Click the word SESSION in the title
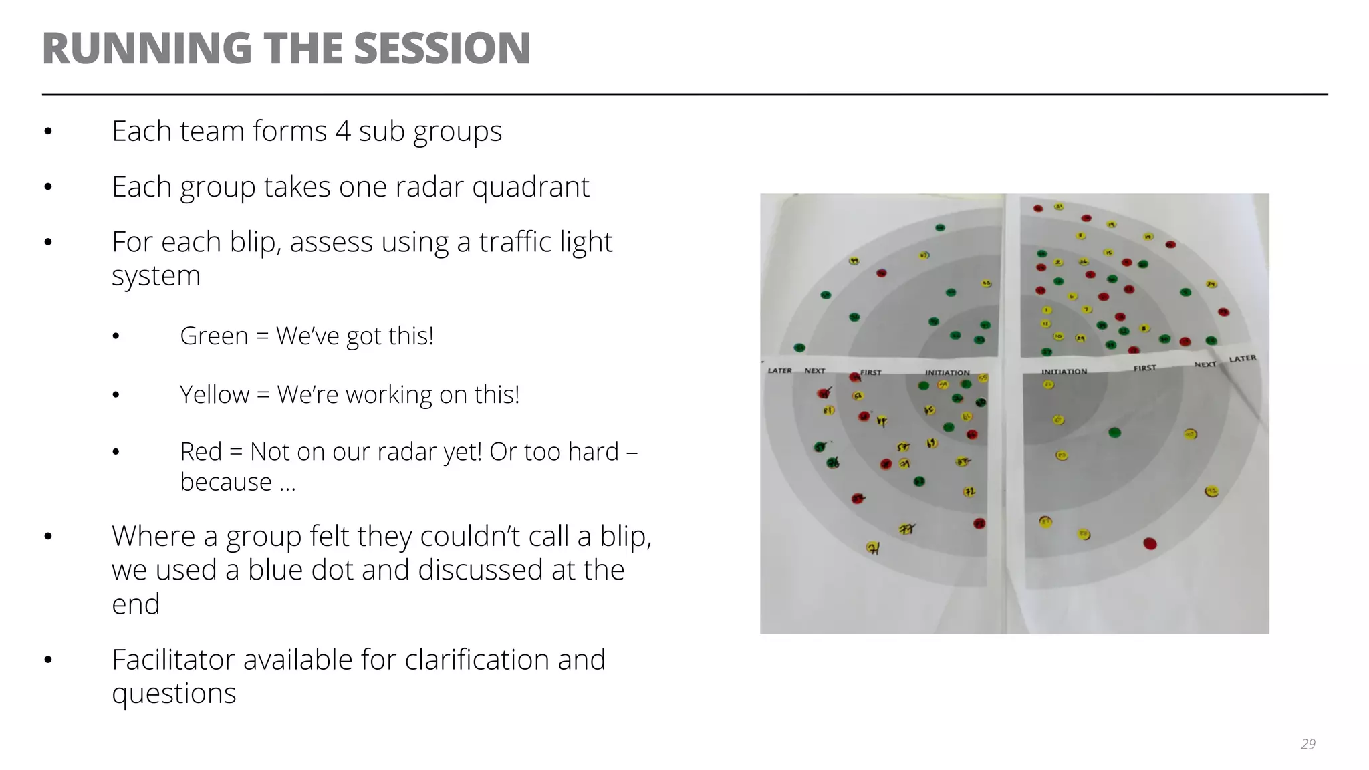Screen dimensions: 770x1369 [442, 49]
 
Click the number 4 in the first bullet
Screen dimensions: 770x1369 [342, 131]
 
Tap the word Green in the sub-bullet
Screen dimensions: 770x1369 [214, 336]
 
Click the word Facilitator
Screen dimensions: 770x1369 [176, 660]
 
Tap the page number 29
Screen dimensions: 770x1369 [1308, 744]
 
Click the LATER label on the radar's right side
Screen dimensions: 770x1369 [1243, 359]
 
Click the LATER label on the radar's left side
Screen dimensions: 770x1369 [779, 370]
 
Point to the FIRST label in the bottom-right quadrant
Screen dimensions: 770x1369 [1144, 368]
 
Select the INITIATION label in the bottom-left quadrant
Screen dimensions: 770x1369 [947, 372]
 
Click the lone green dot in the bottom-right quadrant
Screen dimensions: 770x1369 [1114, 432]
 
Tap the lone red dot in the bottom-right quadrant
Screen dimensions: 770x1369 [1150, 543]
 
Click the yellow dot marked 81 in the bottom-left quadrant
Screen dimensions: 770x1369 [829, 410]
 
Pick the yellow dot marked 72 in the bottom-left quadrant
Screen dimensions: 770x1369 [969, 492]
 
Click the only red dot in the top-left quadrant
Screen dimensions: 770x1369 [881, 273]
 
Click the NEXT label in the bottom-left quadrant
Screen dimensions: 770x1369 [814, 370]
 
